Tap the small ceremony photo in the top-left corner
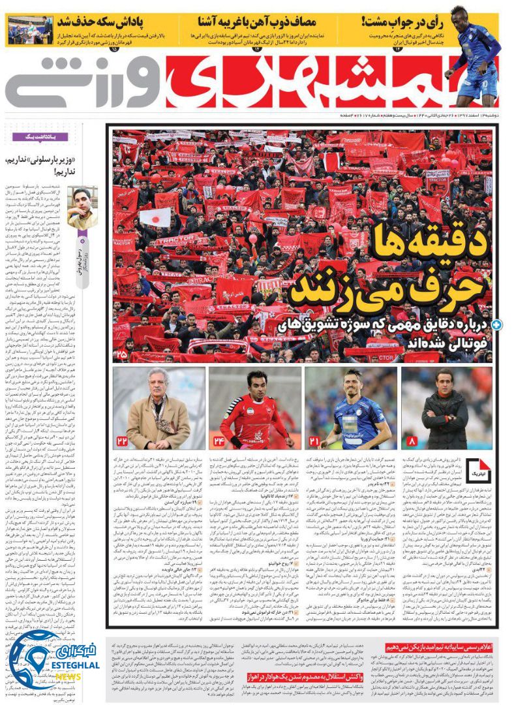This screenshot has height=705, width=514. point(31,30)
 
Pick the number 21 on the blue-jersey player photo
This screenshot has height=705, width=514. point(314,441)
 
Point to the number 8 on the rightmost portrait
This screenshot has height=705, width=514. point(411,441)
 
